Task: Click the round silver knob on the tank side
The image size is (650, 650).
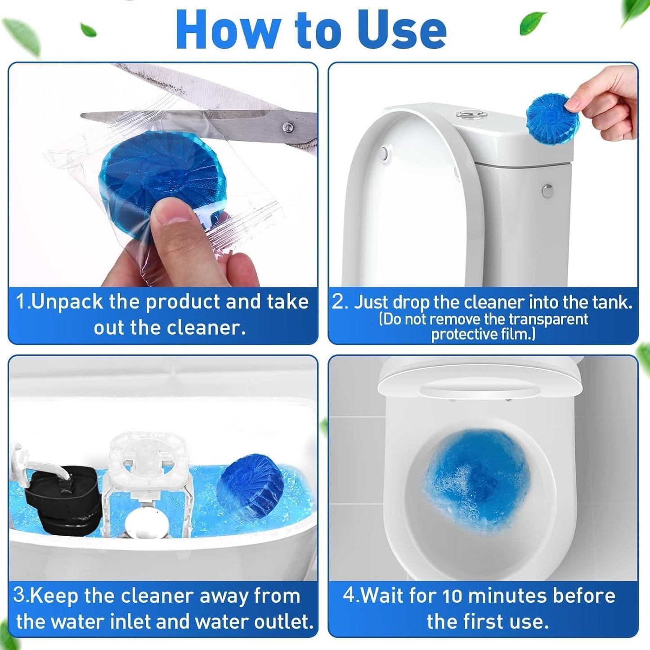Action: (x=547, y=191)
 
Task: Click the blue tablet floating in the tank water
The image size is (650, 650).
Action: (x=250, y=488)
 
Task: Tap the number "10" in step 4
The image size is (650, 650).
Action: (x=453, y=596)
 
